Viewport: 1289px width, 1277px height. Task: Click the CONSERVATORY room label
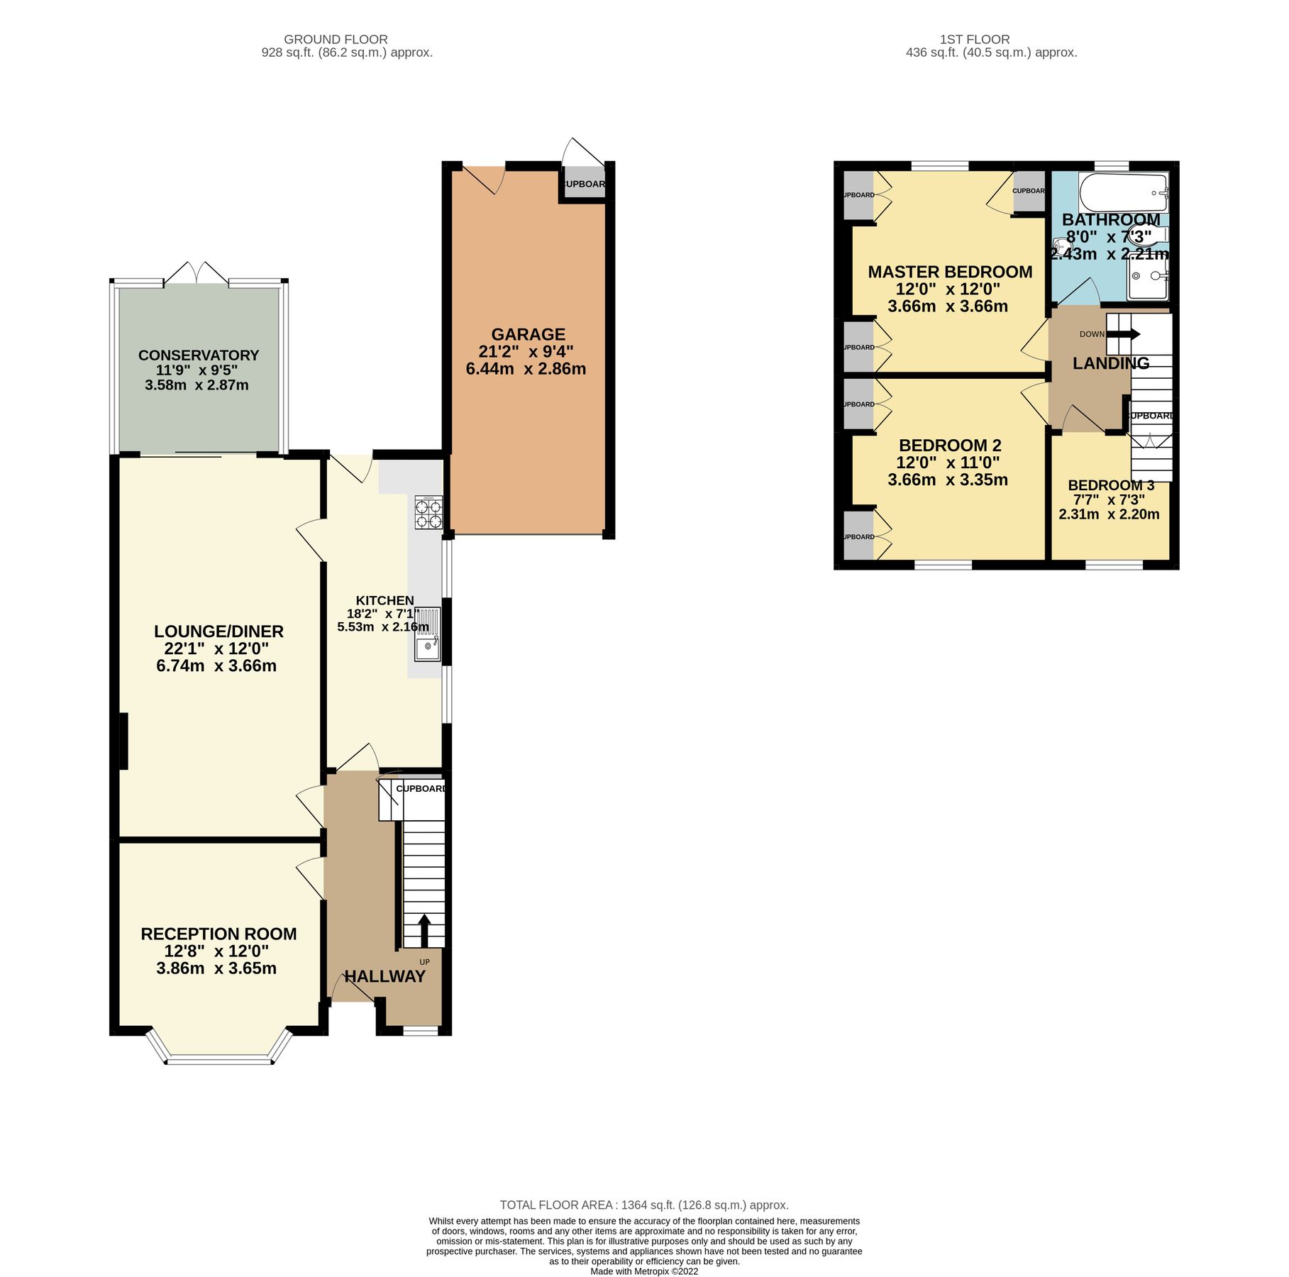click(199, 355)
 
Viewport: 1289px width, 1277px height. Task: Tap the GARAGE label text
click(528, 334)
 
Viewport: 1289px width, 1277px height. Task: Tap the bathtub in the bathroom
click(1123, 192)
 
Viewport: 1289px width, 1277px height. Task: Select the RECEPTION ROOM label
click(218, 934)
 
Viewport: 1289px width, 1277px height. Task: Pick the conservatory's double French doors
click(196, 275)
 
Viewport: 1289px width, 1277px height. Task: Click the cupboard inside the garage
click(583, 184)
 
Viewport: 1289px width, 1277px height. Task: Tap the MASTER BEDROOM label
click(950, 272)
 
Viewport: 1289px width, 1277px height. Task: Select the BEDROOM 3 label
click(1111, 485)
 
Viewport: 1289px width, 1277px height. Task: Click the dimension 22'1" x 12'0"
click(216, 648)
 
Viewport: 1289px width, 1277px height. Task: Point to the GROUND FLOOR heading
click(336, 40)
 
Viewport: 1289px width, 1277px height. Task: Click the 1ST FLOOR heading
click(974, 40)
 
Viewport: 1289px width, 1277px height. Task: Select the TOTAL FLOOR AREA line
click(643, 1205)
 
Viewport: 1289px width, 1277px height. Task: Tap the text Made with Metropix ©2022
click(643, 1271)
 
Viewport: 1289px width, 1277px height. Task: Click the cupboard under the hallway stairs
click(421, 790)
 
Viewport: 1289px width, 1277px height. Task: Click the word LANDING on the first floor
click(1110, 364)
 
